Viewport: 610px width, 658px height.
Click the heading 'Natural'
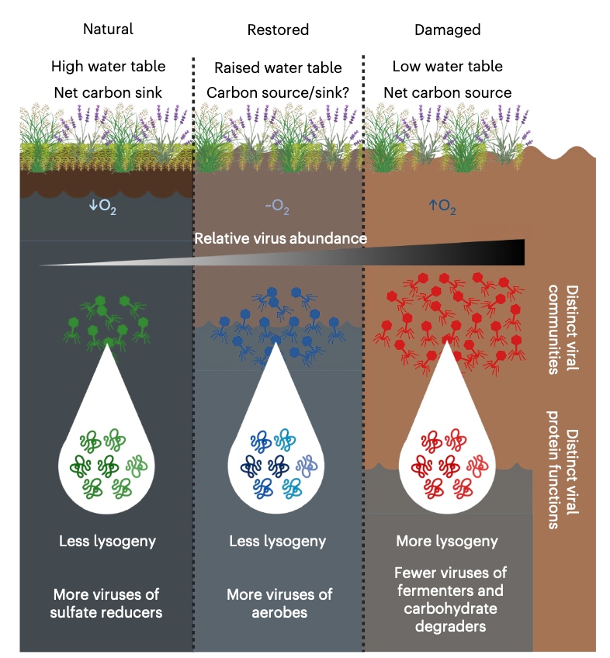[108, 29]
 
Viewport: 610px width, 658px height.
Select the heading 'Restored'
[278, 30]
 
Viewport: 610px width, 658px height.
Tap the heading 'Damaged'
[447, 30]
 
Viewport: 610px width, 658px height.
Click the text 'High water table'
[108, 67]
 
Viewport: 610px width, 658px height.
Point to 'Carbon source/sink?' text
[278, 93]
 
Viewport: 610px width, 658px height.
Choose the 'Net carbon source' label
[448, 93]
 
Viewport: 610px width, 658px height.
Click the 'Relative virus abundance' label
[280, 238]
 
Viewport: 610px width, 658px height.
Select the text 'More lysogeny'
[447, 541]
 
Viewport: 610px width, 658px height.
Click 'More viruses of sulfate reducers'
[106, 603]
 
